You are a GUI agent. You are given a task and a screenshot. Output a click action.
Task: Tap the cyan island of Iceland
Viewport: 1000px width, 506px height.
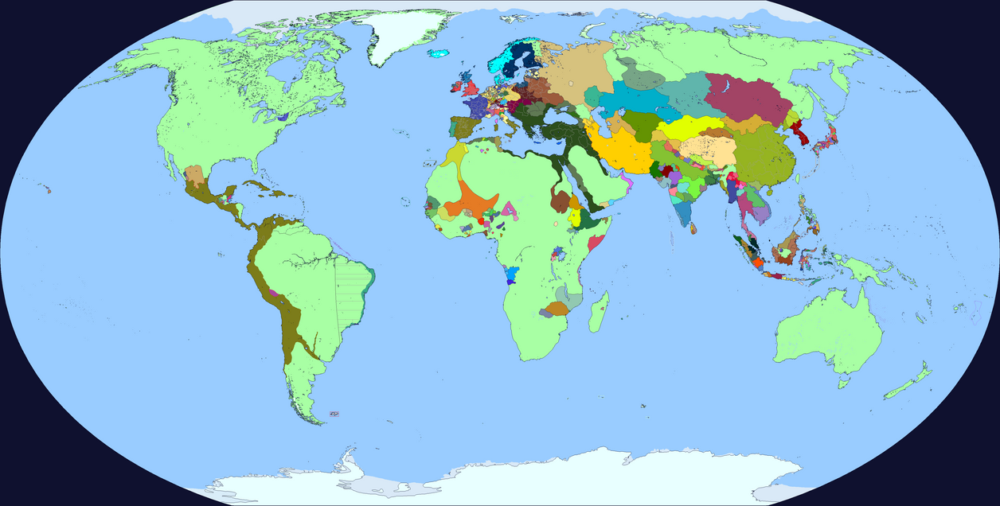pos(438,54)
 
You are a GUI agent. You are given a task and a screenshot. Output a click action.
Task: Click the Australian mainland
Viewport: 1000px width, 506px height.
pos(828,334)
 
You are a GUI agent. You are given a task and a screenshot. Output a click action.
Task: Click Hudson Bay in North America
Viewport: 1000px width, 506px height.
pos(279,76)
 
